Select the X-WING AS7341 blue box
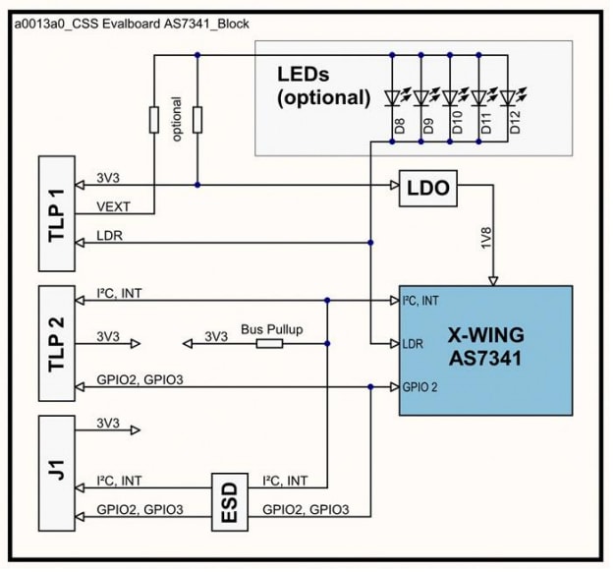click(485, 349)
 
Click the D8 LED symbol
click(394, 98)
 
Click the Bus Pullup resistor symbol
click(269, 343)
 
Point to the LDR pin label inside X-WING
click(414, 343)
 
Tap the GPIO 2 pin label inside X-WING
click(419, 387)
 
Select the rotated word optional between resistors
click(177, 119)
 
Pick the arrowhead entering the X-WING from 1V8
click(493, 279)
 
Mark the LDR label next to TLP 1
click(109, 237)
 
